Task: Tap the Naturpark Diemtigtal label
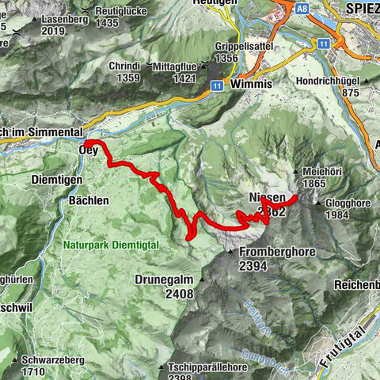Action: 111,245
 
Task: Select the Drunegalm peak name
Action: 164,279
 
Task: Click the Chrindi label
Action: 125,66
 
